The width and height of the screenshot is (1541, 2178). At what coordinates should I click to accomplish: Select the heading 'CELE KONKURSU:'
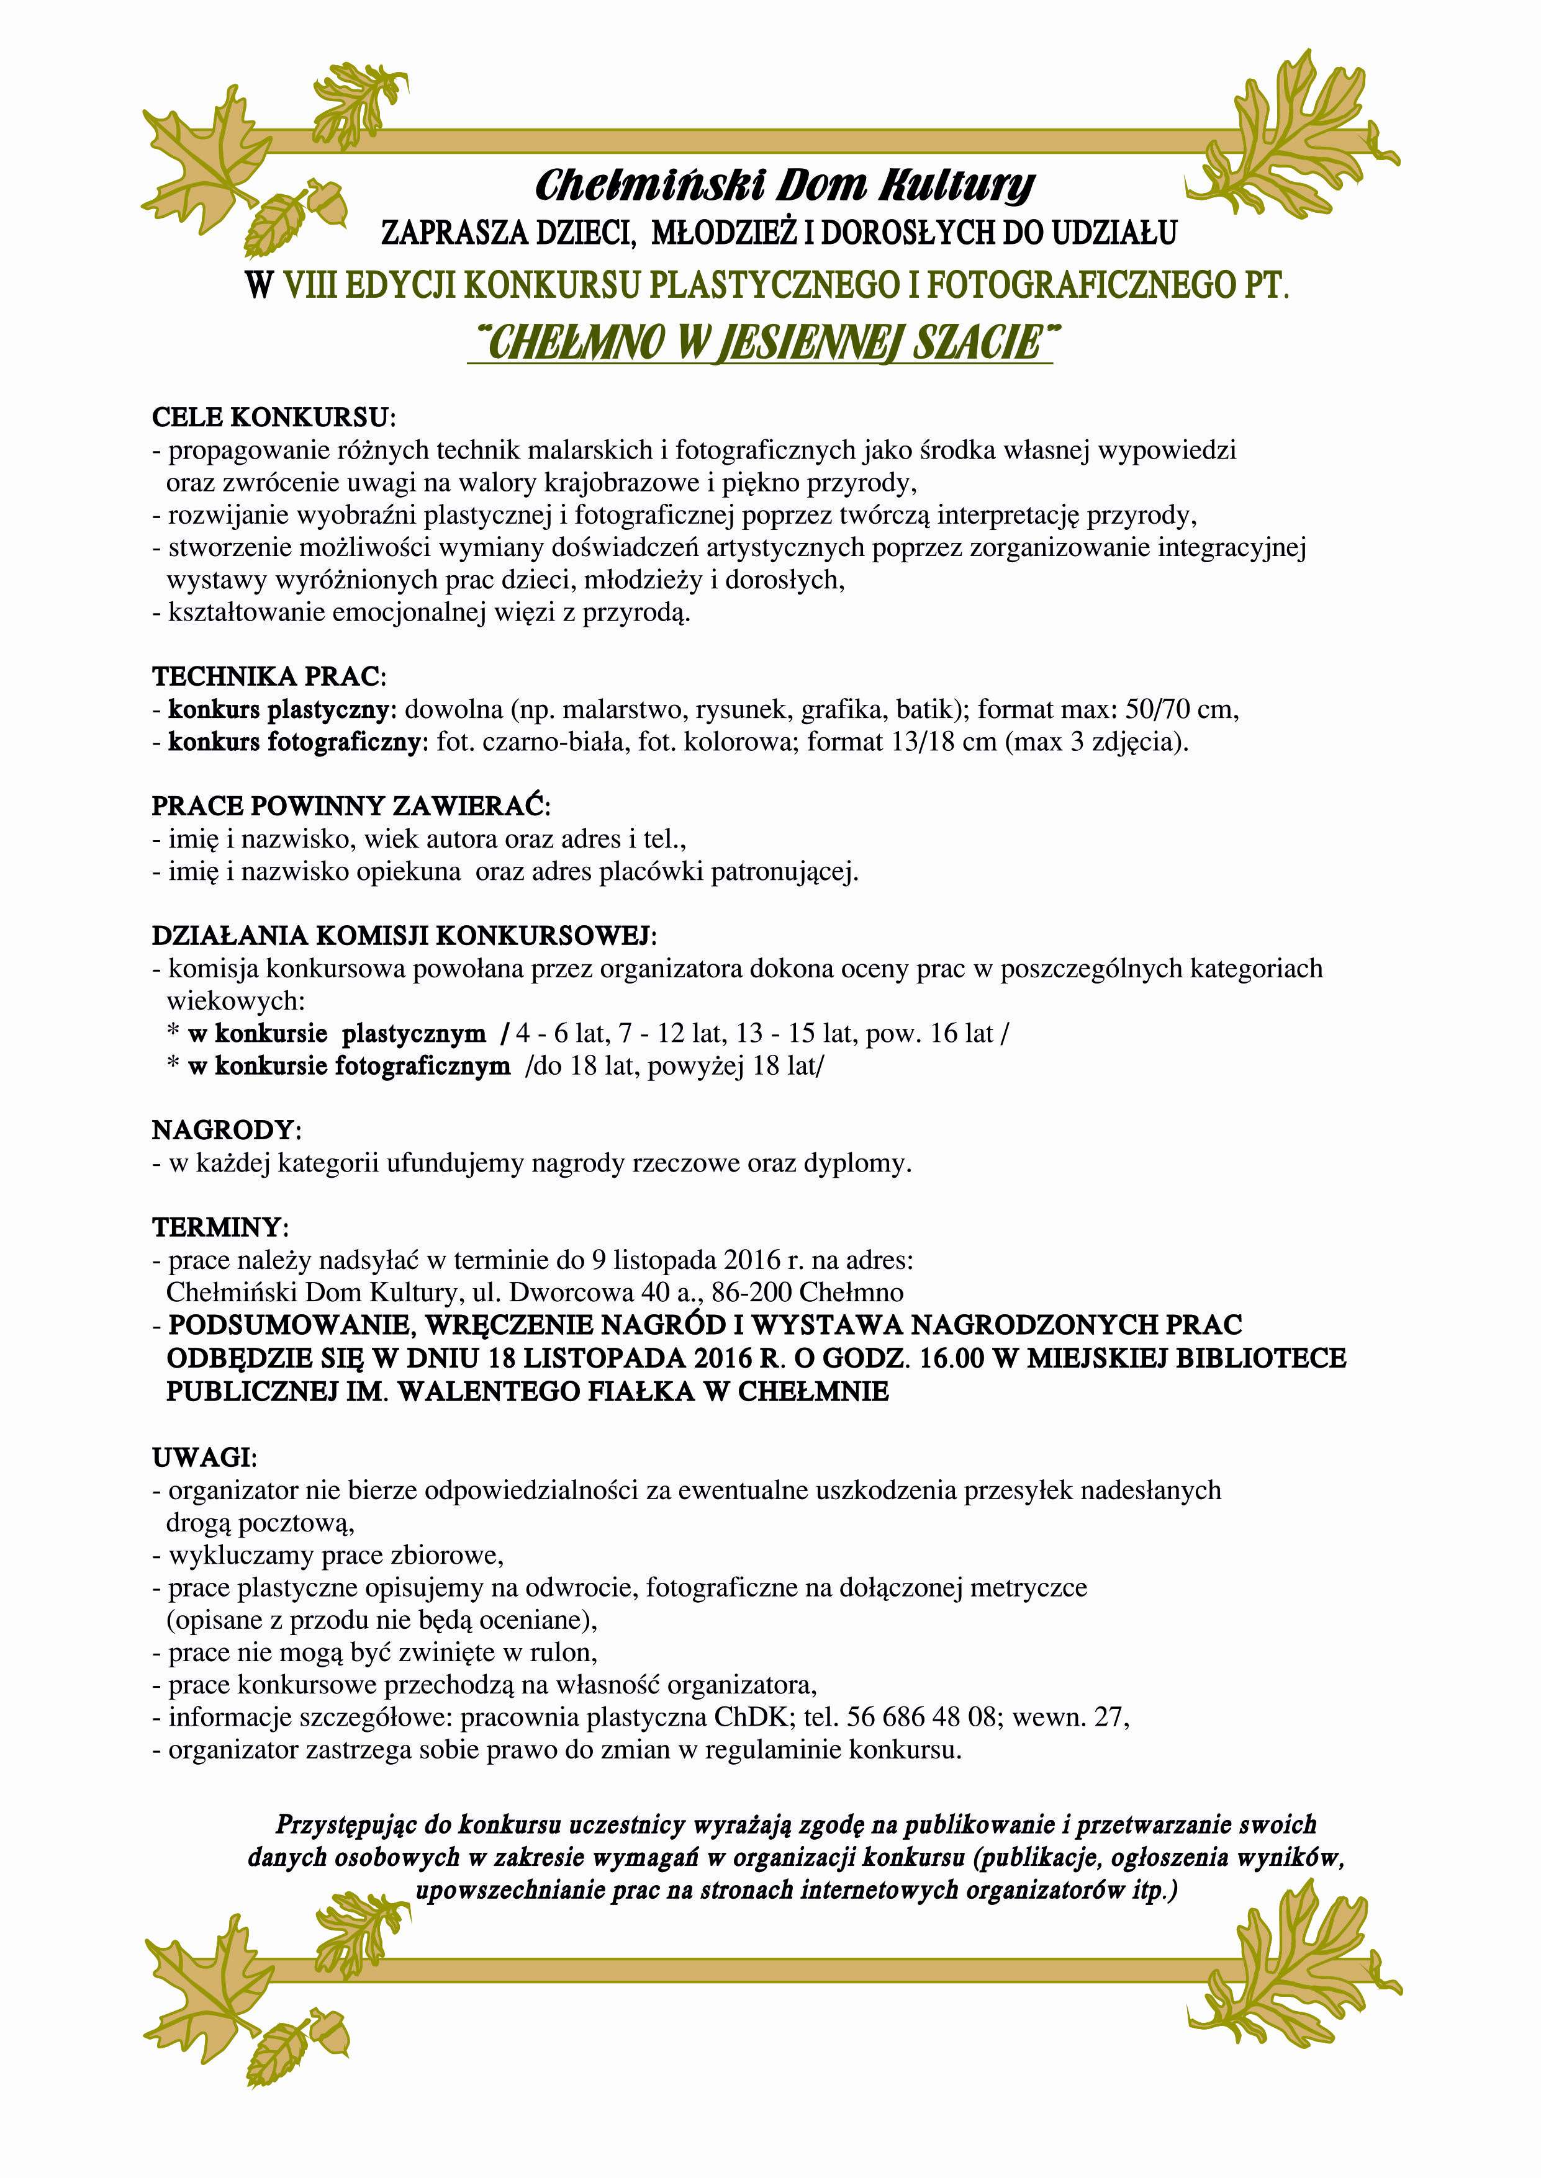coord(273,418)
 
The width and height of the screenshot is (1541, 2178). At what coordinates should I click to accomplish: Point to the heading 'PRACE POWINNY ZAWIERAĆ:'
coord(350,806)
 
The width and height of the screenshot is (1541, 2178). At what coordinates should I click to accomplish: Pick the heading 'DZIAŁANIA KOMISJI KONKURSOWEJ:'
coord(404,936)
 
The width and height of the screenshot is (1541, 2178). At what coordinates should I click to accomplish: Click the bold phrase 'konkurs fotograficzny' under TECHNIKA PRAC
coord(293,742)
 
